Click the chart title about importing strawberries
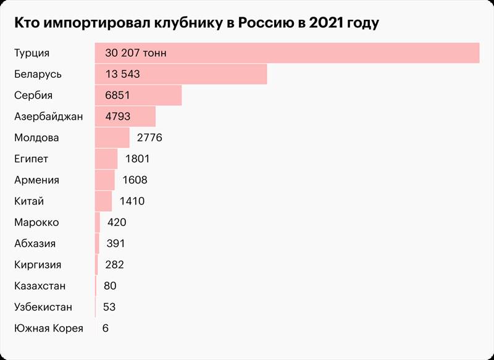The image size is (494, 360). [196, 23]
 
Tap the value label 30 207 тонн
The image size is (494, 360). [136, 53]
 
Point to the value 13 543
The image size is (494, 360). [123, 74]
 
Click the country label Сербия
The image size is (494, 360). [33, 95]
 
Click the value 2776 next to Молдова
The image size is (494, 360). [149, 138]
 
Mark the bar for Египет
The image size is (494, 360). [106, 159]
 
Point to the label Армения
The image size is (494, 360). [36, 180]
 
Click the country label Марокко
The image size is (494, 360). [36, 222]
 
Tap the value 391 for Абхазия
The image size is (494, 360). [116, 243]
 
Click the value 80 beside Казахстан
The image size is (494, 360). [110, 286]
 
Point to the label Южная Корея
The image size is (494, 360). [48, 329]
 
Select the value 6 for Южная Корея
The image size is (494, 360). [106, 329]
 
